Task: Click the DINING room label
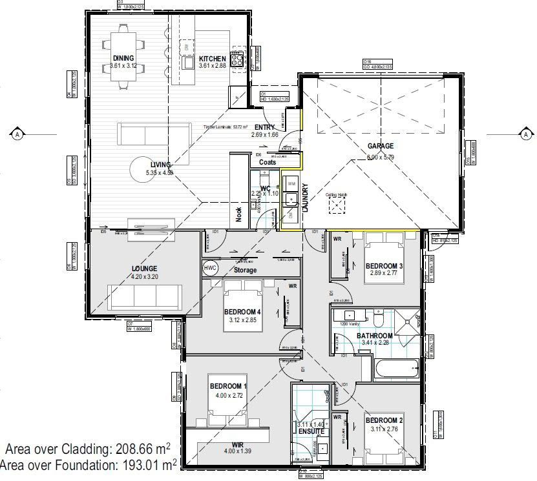click(122, 58)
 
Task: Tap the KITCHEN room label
click(212, 58)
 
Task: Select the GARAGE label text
click(381, 146)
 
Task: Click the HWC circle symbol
click(210, 268)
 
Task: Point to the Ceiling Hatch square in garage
click(337, 205)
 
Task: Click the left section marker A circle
click(17, 134)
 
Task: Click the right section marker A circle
click(527, 134)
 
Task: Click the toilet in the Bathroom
click(380, 318)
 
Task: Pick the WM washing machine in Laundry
click(291, 183)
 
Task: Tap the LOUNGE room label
click(144, 269)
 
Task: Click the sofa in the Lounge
click(143, 298)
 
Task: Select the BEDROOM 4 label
click(242, 312)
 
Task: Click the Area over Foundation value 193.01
click(145, 464)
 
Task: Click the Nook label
click(238, 215)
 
